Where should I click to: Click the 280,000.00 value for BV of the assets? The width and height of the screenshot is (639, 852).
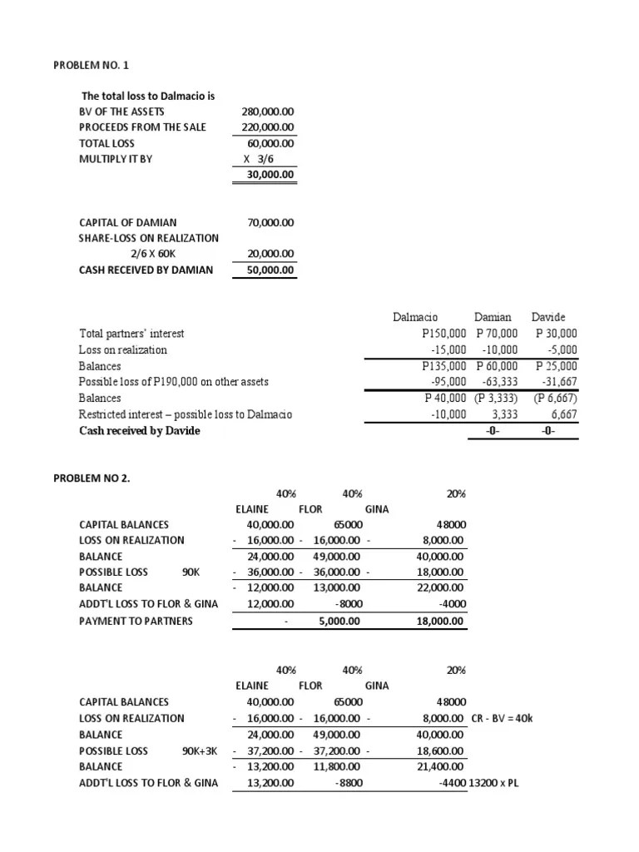coord(266,111)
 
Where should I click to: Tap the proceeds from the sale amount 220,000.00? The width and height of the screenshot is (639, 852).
coord(266,126)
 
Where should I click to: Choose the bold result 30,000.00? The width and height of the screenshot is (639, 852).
coord(268,175)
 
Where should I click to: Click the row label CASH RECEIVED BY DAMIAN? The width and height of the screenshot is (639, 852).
coord(145,270)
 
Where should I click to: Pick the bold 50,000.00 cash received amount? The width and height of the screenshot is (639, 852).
coord(268,270)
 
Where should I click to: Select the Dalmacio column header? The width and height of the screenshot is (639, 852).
coord(415,317)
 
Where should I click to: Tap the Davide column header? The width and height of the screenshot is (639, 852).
coord(548,317)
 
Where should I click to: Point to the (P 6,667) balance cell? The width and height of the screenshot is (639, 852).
coord(555,398)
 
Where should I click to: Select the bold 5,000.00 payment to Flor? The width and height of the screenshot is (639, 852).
coord(336,621)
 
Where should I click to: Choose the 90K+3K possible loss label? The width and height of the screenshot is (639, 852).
coord(201,750)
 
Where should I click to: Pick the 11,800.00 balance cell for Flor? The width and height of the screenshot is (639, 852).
coord(334,766)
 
